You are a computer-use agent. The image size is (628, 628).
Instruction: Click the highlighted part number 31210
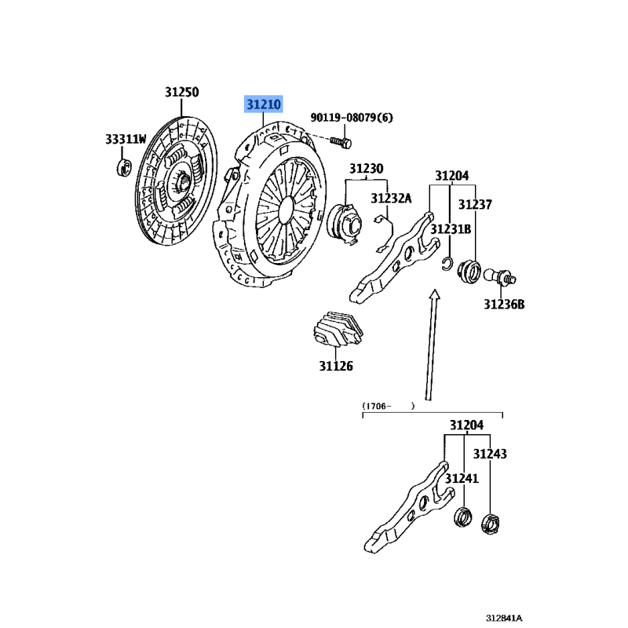click(x=263, y=104)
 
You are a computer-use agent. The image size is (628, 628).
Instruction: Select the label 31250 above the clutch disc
click(x=181, y=92)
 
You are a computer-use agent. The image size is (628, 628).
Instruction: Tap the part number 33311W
click(x=126, y=140)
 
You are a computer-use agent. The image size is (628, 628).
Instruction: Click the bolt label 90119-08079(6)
click(x=351, y=118)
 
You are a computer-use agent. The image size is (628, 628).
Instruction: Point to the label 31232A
click(x=391, y=199)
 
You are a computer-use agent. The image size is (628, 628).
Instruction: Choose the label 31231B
click(x=453, y=229)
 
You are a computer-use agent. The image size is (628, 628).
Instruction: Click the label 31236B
click(x=503, y=304)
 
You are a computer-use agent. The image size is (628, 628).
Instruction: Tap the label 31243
click(x=489, y=454)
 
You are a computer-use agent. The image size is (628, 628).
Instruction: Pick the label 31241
click(x=462, y=478)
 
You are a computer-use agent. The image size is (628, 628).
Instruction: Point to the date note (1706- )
click(x=388, y=407)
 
